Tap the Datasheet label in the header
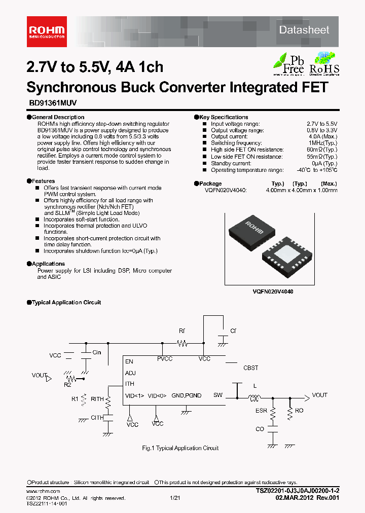pyautogui.click(x=304, y=30)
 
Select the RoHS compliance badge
pyautogui.click(x=324, y=63)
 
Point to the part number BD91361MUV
pyautogui.click(x=52, y=102)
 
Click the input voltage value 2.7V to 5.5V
pyautogui.click(x=321, y=124)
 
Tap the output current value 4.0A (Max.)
pyautogui.click(x=323, y=137)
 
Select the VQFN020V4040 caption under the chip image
pyautogui.click(x=273, y=292)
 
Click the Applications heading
pyautogui.click(x=48, y=264)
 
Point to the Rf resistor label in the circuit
pyautogui.click(x=182, y=331)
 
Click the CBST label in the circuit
pyautogui.click(x=251, y=368)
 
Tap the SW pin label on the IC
pyautogui.click(x=217, y=395)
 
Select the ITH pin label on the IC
pyautogui.click(x=130, y=384)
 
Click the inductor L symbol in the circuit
pyautogui.click(x=254, y=397)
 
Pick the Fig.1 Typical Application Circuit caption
pyautogui.click(x=180, y=448)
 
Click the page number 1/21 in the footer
pyautogui.click(x=175, y=499)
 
